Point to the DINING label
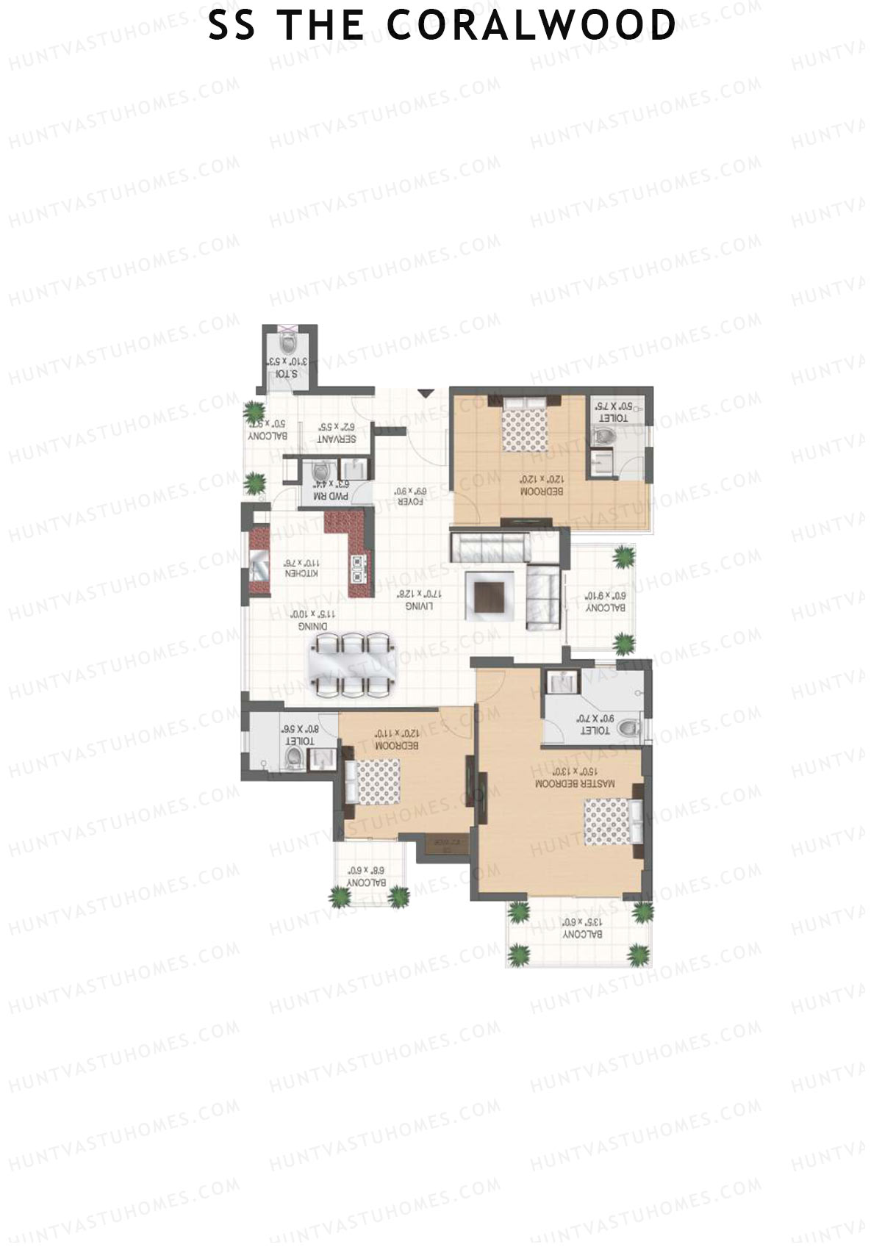313,627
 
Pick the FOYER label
409,502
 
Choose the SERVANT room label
337,439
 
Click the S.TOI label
286,374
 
